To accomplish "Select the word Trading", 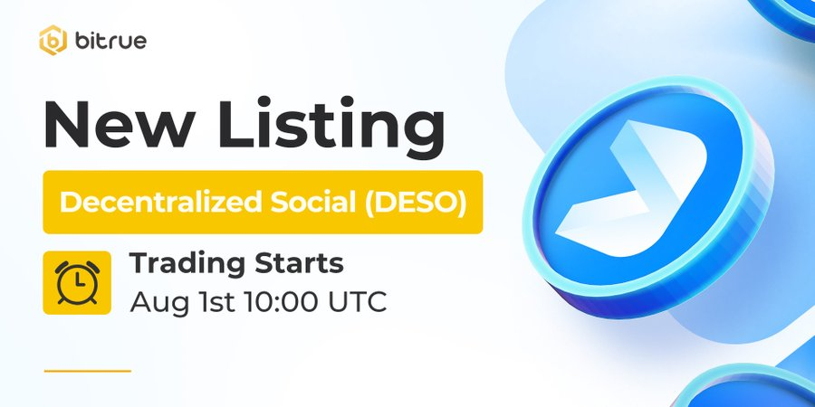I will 182,264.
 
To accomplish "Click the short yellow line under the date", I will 88,370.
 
